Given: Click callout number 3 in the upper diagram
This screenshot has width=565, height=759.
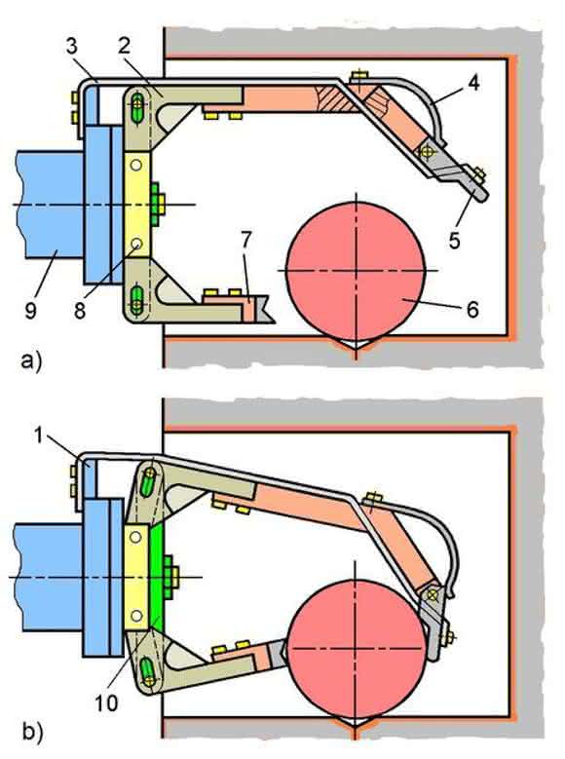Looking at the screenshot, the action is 71,47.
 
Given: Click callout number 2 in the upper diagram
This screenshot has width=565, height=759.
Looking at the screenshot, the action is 124,46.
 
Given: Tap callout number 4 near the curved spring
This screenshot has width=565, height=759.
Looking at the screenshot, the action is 473,83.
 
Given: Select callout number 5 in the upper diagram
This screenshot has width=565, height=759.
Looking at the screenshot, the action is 454,241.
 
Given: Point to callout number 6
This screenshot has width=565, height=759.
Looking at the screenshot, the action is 472,308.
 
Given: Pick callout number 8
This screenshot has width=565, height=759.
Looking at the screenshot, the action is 80,310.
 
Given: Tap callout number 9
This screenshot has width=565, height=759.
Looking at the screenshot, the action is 30,310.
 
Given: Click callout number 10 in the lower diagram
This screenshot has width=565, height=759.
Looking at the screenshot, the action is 106,702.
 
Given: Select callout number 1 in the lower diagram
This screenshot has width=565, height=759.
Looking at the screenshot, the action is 39,436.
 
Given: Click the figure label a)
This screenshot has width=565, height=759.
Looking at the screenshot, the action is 31,361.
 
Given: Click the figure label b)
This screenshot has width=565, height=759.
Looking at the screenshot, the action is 32,732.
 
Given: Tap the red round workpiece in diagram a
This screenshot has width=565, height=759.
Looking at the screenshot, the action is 356,271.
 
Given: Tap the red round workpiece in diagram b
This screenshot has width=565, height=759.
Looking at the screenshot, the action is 358,649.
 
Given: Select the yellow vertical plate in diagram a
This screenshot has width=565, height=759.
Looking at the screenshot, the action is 137,205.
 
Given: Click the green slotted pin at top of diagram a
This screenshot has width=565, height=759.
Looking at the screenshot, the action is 137,103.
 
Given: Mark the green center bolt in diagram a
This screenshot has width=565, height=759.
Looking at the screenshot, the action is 157,205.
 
